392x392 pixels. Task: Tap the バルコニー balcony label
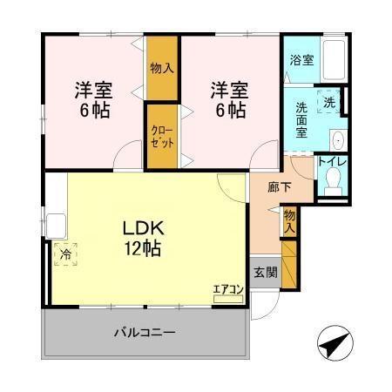click(145, 333)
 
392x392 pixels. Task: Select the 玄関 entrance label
click(266, 272)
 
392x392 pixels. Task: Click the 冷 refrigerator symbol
click(67, 254)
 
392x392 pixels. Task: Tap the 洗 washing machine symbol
click(328, 101)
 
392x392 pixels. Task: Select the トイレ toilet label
click(330, 161)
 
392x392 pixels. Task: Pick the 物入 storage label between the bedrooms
click(160, 67)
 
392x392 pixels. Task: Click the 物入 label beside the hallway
click(290, 220)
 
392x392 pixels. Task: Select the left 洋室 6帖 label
click(93, 99)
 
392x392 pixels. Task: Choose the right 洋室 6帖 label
click(228, 99)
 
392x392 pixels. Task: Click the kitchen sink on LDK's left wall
click(54, 225)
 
